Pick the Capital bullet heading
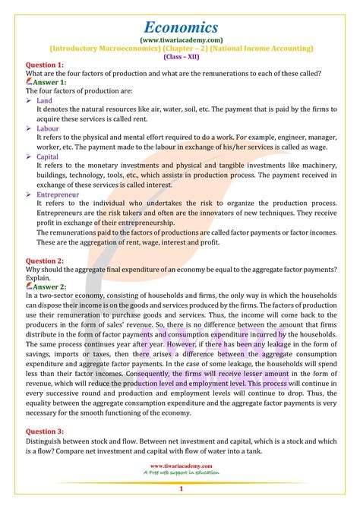48,156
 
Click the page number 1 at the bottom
180,489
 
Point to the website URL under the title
179,39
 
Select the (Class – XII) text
179,57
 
